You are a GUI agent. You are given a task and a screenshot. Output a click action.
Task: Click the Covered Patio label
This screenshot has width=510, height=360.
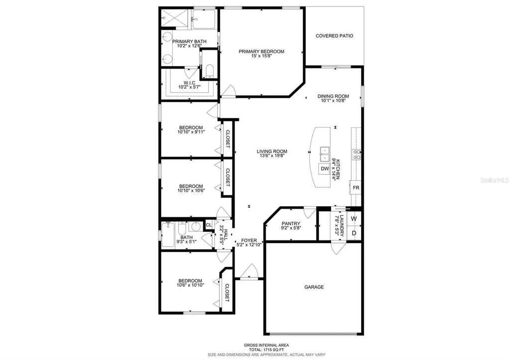point(334,36)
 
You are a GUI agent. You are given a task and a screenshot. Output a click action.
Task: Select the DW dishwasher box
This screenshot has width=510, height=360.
point(325,169)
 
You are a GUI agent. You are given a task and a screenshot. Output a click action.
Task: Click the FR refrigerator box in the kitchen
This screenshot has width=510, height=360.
point(356,188)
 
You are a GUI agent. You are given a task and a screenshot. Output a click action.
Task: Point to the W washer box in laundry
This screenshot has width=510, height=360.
point(354,219)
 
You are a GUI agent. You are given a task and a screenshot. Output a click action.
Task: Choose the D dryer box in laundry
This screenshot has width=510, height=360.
point(354,233)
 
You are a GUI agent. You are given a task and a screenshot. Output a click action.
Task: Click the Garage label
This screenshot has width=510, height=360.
point(314,287)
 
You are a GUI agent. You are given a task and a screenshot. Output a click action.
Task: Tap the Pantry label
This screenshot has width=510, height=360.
point(290,224)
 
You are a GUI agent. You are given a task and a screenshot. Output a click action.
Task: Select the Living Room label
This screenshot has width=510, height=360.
point(272,152)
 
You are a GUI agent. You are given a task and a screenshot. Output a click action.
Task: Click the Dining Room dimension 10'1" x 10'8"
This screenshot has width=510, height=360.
point(333,101)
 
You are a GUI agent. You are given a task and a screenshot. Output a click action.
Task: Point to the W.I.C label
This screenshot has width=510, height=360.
point(189,83)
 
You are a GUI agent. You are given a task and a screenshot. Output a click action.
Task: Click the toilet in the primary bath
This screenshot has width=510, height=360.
point(209,70)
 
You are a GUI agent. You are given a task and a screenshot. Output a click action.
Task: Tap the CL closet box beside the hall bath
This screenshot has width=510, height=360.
point(209,226)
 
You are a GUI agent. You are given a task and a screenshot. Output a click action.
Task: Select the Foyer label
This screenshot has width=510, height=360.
point(249,240)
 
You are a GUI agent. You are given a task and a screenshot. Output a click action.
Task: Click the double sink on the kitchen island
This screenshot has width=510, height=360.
point(324,154)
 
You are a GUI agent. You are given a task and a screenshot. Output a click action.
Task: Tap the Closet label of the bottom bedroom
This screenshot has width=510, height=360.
point(227,293)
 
